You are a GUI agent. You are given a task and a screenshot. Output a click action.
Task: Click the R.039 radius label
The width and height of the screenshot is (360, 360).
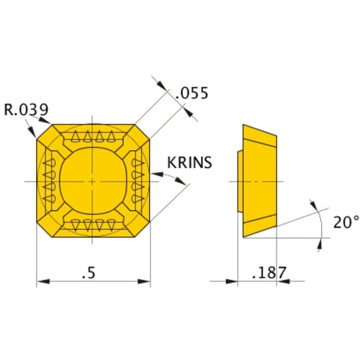click(x=27, y=109)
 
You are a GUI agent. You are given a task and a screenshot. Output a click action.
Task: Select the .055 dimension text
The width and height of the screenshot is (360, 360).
click(x=192, y=94)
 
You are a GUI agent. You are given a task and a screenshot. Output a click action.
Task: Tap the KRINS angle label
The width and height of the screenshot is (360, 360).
click(x=189, y=163)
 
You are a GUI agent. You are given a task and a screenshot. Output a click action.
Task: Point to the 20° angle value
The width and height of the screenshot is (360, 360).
click(x=346, y=222)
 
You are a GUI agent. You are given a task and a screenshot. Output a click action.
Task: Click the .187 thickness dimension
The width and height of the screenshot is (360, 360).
click(x=269, y=272)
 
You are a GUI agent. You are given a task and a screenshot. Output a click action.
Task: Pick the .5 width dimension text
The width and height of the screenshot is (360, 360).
click(x=89, y=273)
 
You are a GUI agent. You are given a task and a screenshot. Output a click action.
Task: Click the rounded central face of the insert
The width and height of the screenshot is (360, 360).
click(x=93, y=181)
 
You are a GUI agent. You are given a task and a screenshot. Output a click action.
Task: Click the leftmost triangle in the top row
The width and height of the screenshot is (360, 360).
click(x=76, y=137)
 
